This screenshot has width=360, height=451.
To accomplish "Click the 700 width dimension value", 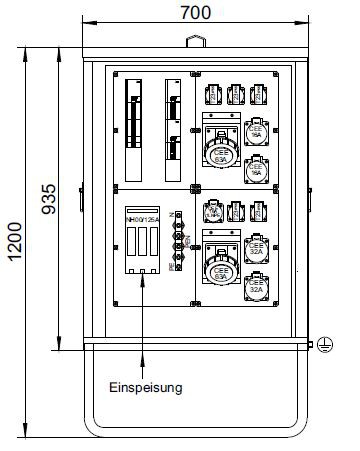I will click(189, 13).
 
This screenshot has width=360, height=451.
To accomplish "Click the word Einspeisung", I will click(146, 388).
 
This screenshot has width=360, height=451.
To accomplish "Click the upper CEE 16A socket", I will click(256, 133).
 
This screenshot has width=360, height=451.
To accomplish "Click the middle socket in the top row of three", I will click(235, 95).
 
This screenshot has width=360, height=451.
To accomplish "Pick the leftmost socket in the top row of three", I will click(212, 95).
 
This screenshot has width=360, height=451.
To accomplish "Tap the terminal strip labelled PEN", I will click(179, 240).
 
